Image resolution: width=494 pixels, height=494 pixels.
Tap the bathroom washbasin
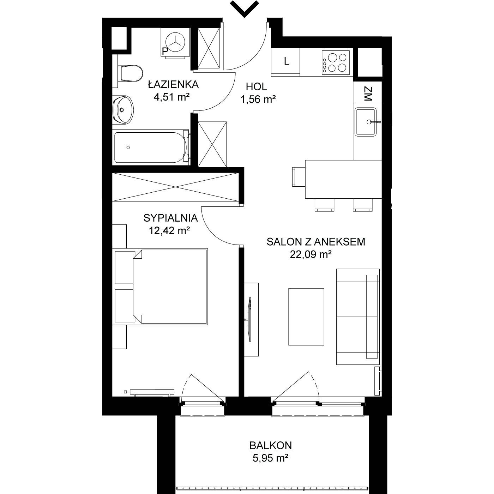[x=123, y=110]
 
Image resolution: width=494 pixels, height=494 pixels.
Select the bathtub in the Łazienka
[x=152, y=147]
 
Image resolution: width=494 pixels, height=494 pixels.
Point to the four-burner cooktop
[x=336, y=62]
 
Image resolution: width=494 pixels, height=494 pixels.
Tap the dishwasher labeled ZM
[x=367, y=92]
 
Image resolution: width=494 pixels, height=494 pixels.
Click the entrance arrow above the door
[x=244, y=9]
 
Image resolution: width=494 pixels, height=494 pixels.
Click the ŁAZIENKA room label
[x=173, y=84]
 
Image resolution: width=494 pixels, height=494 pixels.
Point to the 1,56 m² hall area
[x=258, y=99]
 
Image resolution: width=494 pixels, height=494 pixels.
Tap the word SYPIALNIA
[x=170, y=218]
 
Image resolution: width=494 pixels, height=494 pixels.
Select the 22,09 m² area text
[x=311, y=254]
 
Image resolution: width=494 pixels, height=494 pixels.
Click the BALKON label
[x=271, y=446]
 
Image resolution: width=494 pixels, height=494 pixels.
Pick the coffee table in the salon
[x=306, y=317]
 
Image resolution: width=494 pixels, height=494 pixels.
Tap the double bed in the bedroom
[x=160, y=287]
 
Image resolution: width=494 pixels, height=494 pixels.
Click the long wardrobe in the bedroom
[x=176, y=187]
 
